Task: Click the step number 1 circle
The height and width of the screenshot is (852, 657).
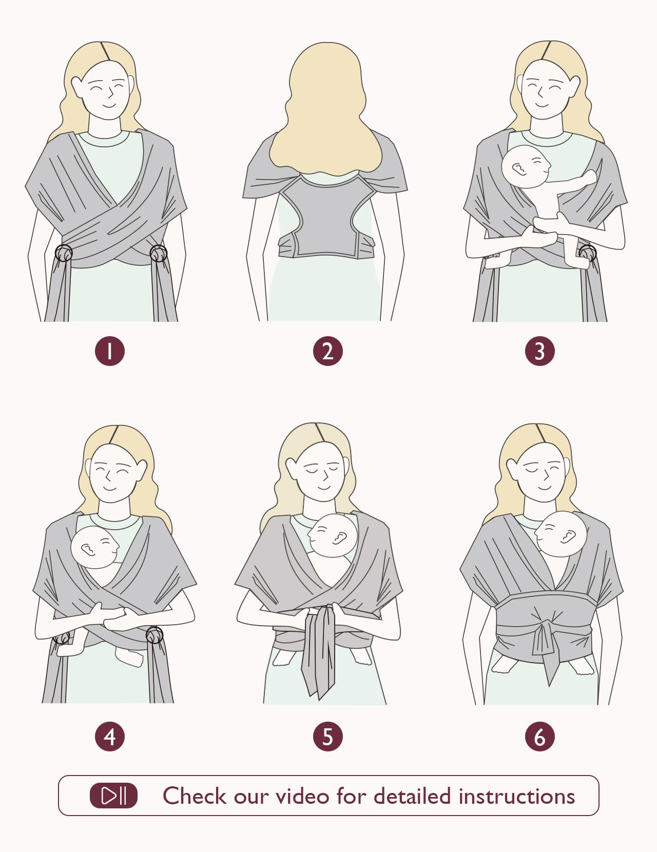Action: (110, 351)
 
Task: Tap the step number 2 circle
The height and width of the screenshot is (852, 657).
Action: (327, 351)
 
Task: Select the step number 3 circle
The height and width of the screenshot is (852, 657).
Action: (540, 351)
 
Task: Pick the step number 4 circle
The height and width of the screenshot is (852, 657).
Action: (110, 737)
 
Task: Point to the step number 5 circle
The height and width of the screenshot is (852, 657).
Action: (327, 737)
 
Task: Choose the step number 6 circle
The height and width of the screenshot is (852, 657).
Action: (540, 737)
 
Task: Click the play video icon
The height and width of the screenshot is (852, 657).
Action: (113, 796)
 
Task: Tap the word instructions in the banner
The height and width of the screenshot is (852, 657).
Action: (517, 796)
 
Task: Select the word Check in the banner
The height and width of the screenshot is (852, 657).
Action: (195, 796)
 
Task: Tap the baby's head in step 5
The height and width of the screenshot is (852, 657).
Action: (333, 536)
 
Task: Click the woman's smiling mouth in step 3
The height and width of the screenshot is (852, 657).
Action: (542, 105)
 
